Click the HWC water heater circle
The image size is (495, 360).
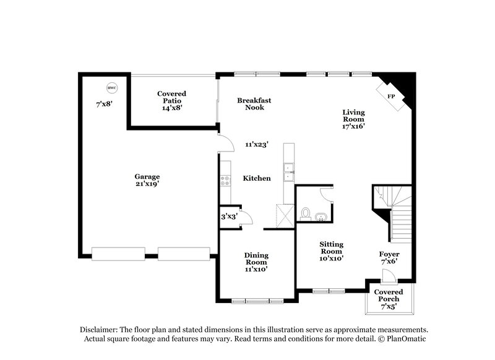[x=111, y=87]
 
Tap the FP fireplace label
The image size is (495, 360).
[x=391, y=96]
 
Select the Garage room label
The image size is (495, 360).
[x=147, y=176]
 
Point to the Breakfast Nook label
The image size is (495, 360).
[x=254, y=103]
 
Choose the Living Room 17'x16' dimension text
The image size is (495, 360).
[x=355, y=126]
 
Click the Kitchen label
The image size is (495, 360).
[x=256, y=178]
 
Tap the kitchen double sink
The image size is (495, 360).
[x=288, y=172]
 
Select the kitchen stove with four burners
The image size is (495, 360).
[x=225, y=181]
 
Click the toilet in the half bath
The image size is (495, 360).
[x=304, y=215]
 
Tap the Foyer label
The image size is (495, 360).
[x=389, y=255]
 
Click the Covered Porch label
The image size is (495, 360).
[x=388, y=296]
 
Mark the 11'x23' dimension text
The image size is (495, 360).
[x=256, y=145]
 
